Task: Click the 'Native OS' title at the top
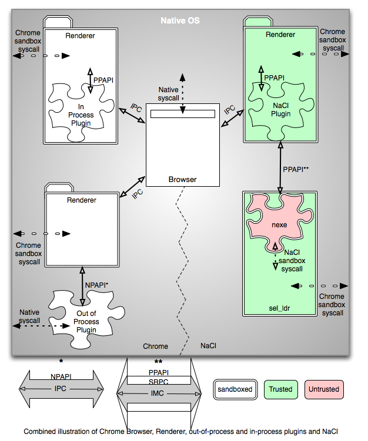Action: (x=180, y=21)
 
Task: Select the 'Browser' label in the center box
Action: (x=182, y=179)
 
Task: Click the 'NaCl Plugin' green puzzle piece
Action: (x=281, y=109)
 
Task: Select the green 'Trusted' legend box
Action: (x=280, y=389)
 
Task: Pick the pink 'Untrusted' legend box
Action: (x=325, y=389)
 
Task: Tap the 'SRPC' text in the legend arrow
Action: (x=158, y=382)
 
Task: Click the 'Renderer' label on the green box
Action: (x=280, y=35)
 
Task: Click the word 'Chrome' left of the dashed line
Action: (x=155, y=346)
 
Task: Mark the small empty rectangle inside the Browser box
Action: (x=182, y=114)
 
